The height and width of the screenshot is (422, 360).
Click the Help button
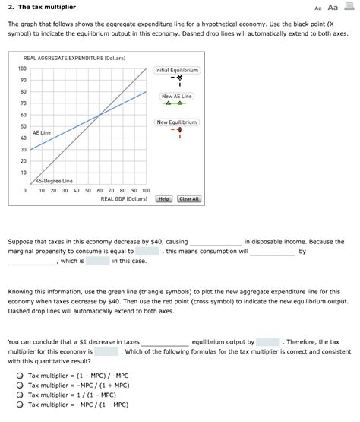(x=163, y=198)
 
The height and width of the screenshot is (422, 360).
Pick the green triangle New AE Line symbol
(x=177, y=105)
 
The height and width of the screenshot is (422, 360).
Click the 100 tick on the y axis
(x=23, y=69)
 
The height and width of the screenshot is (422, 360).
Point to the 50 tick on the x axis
(x=87, y=191)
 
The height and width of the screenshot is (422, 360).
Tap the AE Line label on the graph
(x=42, y=132)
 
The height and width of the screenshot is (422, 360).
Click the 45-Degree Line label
(x=53, y=181)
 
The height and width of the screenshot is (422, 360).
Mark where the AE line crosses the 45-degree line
(x=99, y=115)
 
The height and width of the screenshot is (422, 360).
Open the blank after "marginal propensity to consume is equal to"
(x=147, y=251)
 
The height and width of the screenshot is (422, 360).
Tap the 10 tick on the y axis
(x=23, y=173)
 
